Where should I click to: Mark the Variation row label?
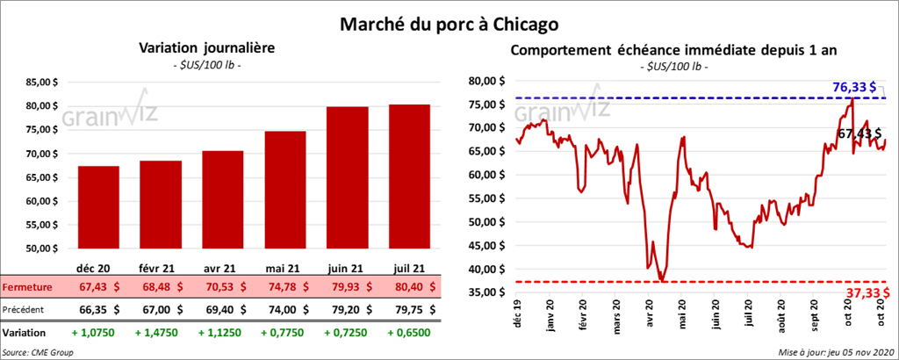click(25, 334)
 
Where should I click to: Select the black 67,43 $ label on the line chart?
click(859, 133)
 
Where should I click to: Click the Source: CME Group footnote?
click(38, 351)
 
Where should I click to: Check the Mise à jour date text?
click(835, 351)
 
